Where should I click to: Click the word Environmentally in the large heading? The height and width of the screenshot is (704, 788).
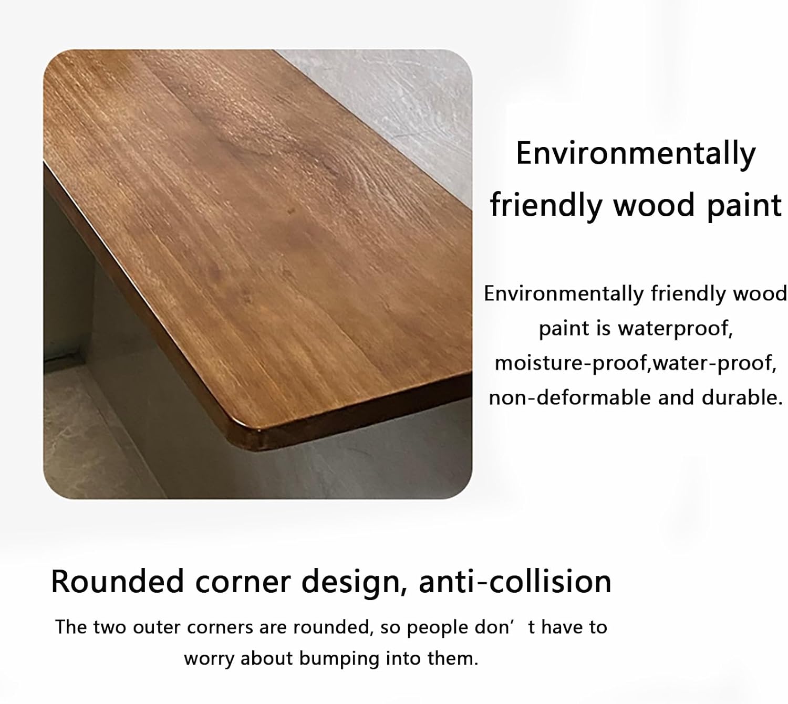[636, 154]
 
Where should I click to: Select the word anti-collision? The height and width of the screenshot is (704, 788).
[515, 582]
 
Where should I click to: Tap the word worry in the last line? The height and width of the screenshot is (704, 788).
[209, 659]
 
